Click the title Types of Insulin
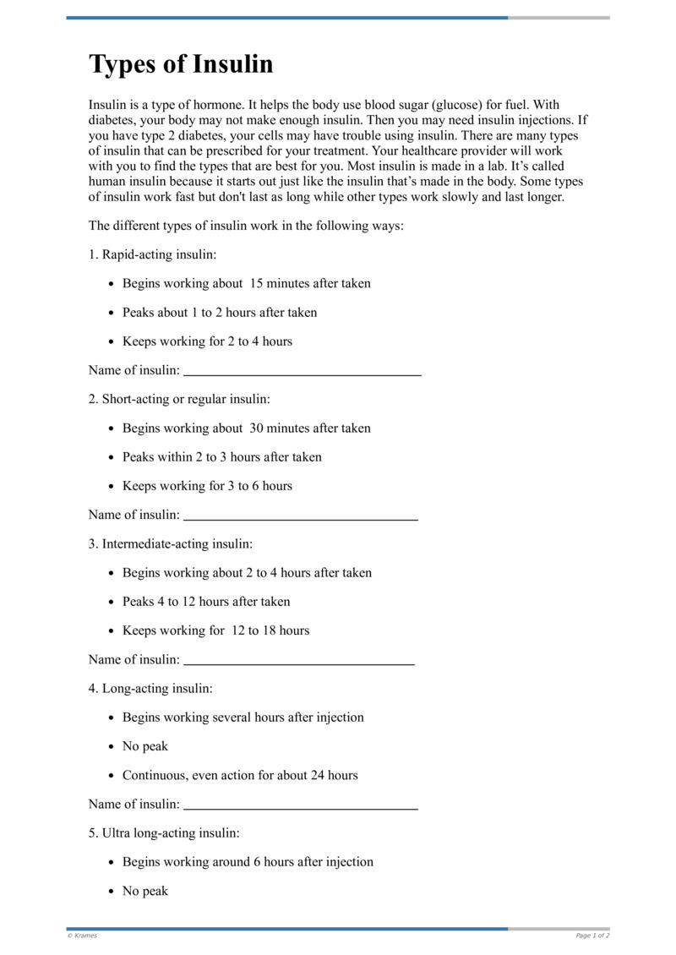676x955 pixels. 181,65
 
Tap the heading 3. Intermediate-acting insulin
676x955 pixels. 171,543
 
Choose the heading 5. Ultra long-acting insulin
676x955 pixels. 164,832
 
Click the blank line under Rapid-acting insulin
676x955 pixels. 303,373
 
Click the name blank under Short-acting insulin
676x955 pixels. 301,517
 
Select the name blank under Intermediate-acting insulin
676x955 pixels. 299,662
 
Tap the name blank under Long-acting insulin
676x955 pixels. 301,806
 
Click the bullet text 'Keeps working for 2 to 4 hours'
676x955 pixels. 207,341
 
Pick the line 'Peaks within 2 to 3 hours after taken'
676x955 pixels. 222,457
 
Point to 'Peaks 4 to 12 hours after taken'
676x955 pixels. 206,602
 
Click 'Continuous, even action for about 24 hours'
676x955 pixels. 240,775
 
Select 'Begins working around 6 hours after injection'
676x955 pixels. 248,862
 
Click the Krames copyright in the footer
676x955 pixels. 82,936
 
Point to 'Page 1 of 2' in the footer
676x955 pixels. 592,936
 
